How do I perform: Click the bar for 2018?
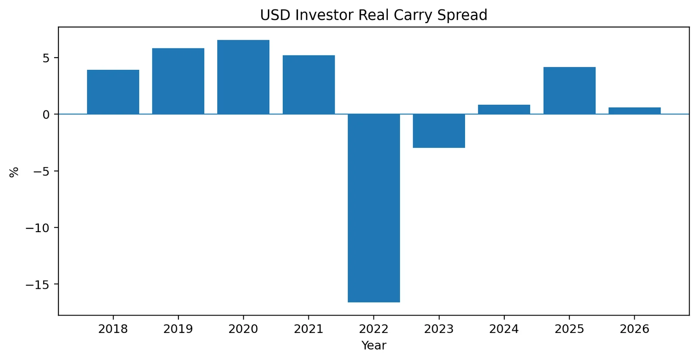[113, 92]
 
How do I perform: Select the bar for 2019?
[178, 81]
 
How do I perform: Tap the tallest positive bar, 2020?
[243, 77]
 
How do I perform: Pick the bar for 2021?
[309, 85]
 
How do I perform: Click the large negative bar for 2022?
[374, 208]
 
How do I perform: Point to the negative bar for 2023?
[439, 131]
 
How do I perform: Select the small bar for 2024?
[504, 110]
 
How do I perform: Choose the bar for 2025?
[570, 91]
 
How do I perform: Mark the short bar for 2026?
[635, 111]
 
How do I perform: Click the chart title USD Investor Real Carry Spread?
[373, 15]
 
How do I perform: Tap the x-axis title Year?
[374, 345]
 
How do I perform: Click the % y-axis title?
[14, 172]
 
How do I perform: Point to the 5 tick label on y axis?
[46, 58]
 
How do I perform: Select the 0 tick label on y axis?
[46, 115]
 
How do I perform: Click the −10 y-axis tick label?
[38, 228]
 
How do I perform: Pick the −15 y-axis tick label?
[38, 285]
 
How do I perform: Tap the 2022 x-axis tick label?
[374, 329]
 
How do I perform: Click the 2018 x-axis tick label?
[113, 329]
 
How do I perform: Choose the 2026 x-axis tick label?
[635, 329]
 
